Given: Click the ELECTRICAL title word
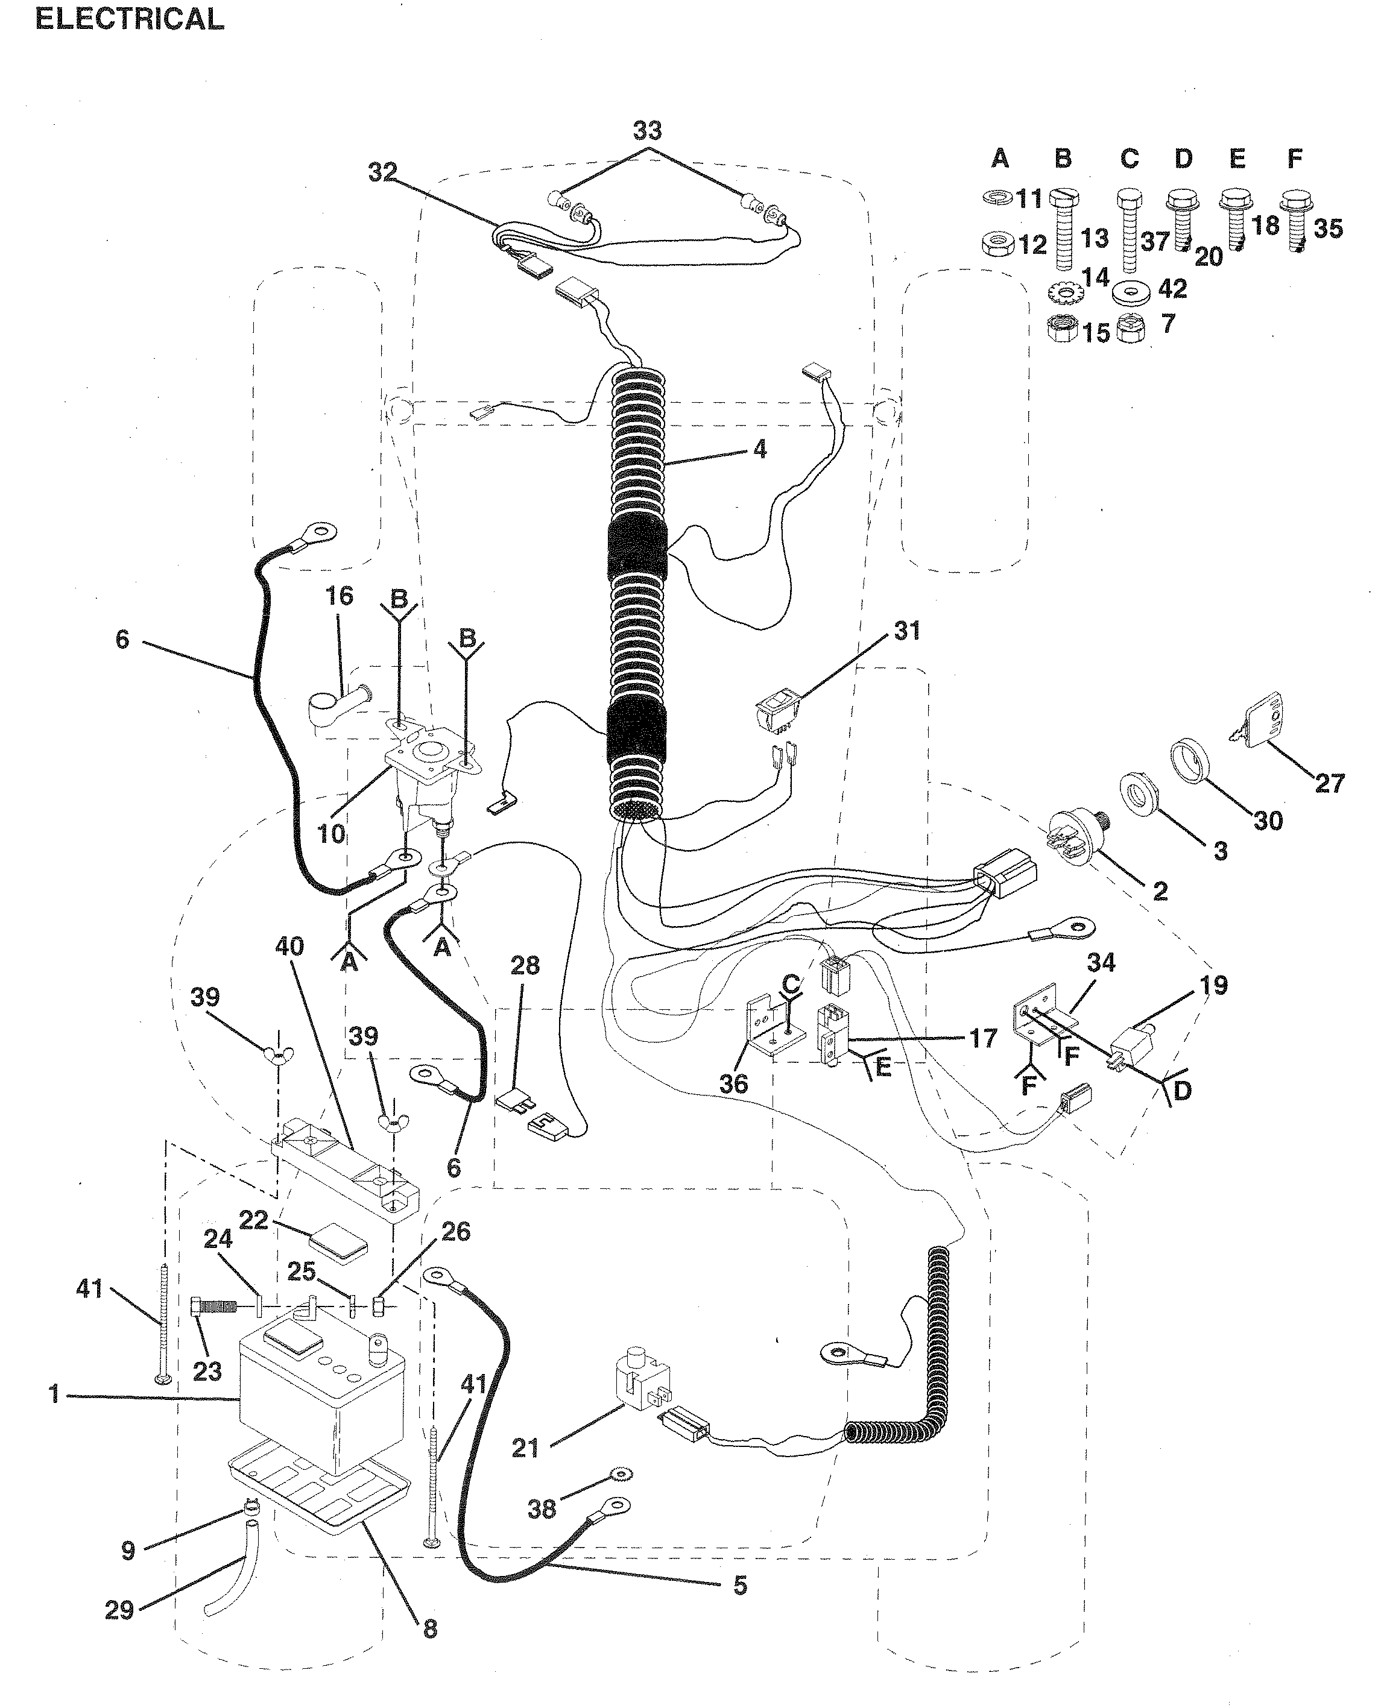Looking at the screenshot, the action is tap(130, 19).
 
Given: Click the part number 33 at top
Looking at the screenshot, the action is tap(648, 130).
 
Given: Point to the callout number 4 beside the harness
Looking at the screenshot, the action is tap(760, 450).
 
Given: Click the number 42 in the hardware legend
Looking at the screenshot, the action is tap(1172, 289).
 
